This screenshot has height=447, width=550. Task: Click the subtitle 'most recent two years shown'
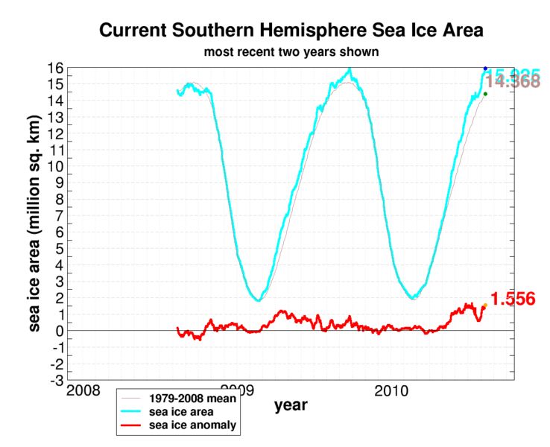click(x=291, y=53)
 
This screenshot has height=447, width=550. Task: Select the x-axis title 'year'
click(x=291, y=405)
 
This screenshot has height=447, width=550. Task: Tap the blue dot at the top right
click(x=485, y=69)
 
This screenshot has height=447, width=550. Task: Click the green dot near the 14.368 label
click(x=485, y=94)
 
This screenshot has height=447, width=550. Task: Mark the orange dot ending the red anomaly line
click(x=484, y=305)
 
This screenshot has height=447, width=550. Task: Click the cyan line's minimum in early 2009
click(x=258, y=300)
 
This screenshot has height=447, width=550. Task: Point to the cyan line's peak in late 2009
click(x=350, y=69)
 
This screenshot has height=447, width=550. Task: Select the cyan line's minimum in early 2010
click(x=414, y=298)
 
